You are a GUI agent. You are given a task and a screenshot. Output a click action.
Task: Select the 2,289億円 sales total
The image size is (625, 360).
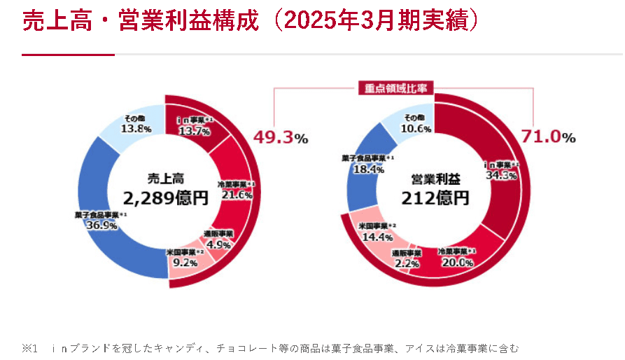tap(166, 198)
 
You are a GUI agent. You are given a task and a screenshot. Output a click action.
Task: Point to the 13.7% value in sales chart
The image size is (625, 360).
tap(194, 131)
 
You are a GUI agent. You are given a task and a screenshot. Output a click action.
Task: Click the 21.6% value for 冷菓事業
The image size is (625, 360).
tap(236, 195)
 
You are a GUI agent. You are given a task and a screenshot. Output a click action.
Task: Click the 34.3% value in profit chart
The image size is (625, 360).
tap(501, 175)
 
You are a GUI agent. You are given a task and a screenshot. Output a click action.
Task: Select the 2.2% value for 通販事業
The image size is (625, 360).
tap(407, 263)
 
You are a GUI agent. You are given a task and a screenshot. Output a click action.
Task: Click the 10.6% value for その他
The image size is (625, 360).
tap(416, 129)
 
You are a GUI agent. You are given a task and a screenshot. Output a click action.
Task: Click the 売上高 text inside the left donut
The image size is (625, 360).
tap(166, 179)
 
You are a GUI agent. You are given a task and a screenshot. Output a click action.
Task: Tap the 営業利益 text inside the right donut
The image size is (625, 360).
tap(435, 179)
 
